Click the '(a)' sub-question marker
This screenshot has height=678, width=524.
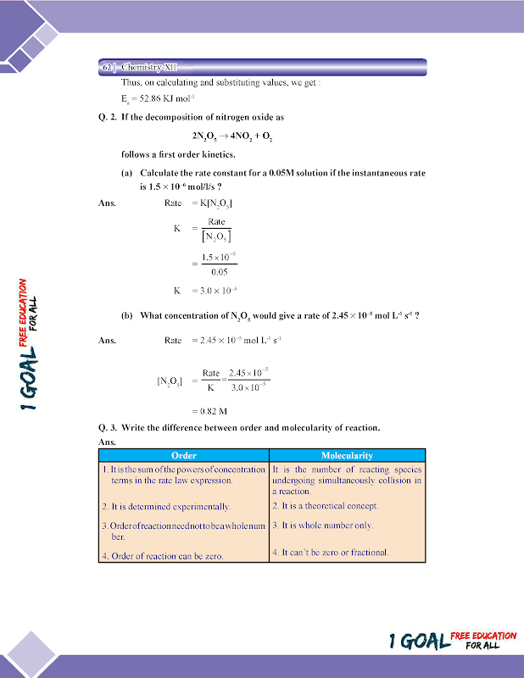(x=127, y=173)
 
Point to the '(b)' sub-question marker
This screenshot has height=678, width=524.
(x=127, y=316)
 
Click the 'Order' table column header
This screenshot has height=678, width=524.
(x=184, y=456)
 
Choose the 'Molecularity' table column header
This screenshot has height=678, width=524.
(x=347, y=456)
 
